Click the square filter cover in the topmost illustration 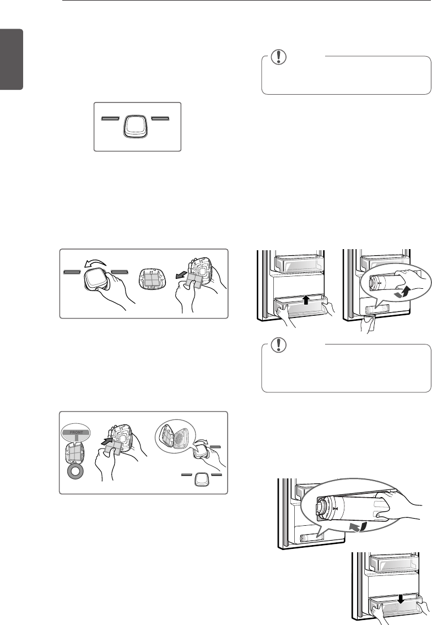point(136,126)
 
